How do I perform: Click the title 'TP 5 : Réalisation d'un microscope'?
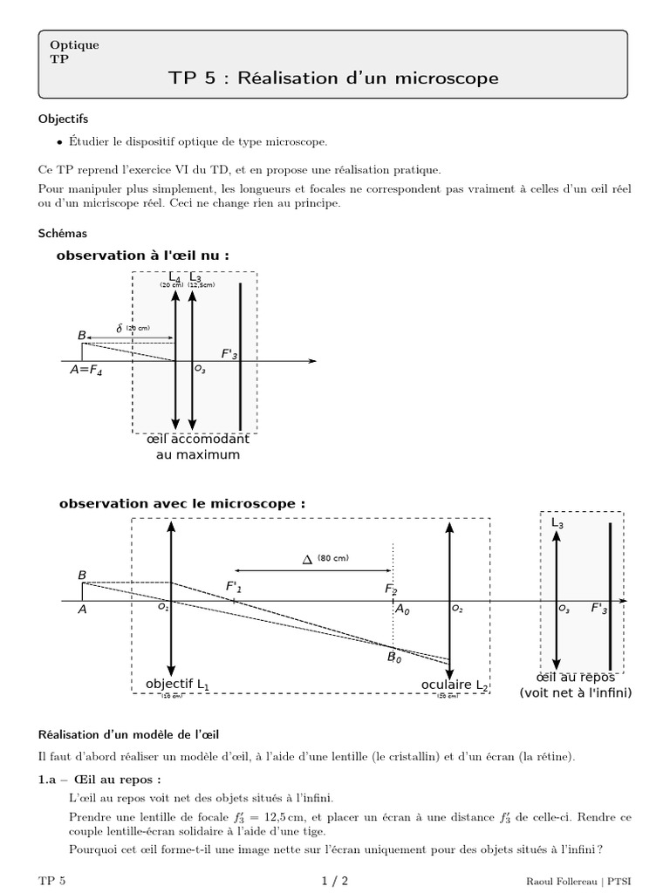(333, 78)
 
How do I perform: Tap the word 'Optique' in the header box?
(74, 44)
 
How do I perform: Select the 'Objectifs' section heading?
(64, 118)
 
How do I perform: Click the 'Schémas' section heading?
(63, 234)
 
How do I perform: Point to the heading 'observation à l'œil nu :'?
(143, 256)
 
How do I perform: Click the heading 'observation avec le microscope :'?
(181, 504)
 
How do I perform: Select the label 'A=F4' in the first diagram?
(86, 370)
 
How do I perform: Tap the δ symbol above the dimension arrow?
(120, 328)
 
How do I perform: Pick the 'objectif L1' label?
(177, 685)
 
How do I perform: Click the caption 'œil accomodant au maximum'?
(197, 447)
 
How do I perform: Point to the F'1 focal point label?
(234, 587)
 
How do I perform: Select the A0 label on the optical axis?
(402, 610)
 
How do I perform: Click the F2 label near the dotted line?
(391, 590)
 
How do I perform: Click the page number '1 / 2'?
(334, 881)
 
